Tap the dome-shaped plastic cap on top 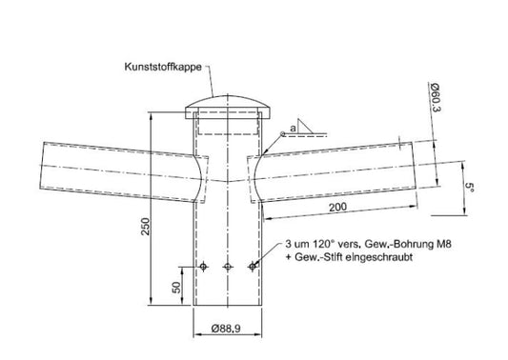click(x=226, y=102)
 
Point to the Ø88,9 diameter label click(x=226, y=330)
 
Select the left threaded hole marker click(x=203, y=266)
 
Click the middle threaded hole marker click(x=227, y=266)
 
